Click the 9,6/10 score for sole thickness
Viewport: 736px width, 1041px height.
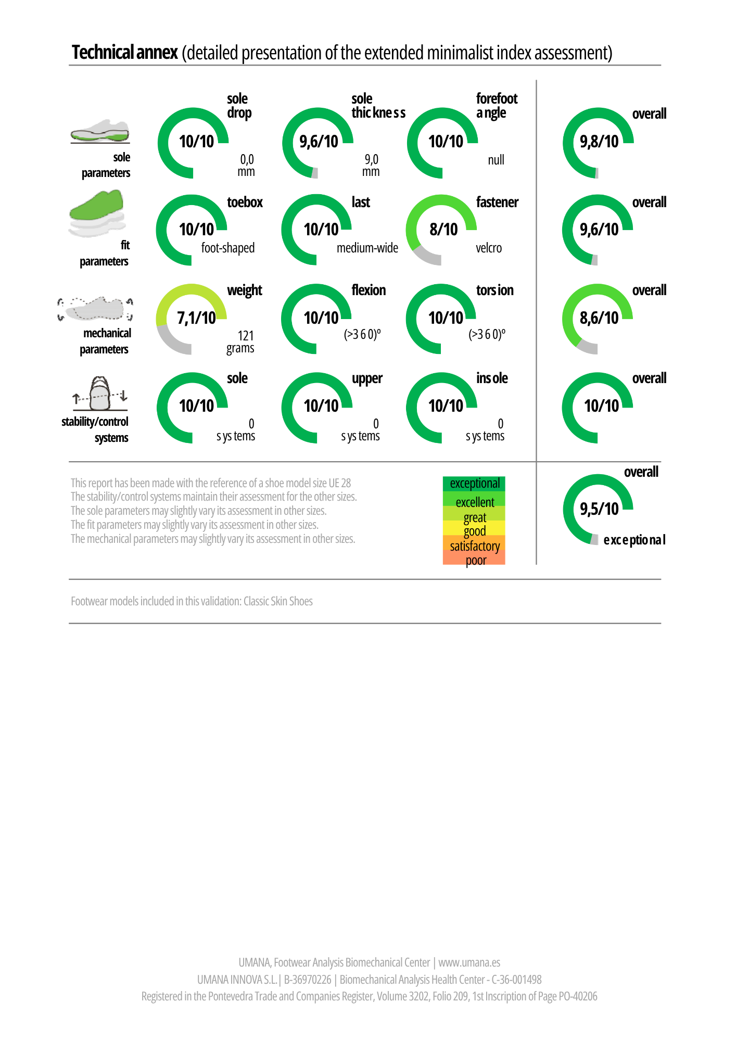(319, 141)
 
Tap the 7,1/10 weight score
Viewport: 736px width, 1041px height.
(196, 318)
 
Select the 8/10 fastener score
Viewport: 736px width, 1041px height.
(443, 229)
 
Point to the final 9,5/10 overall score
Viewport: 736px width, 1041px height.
(599, 509)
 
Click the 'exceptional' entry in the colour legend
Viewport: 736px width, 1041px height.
(475, 484)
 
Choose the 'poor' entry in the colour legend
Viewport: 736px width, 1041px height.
(476, 560)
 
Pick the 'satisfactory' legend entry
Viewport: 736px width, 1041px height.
(475, 546)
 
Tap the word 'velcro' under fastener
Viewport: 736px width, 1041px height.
(489, 248)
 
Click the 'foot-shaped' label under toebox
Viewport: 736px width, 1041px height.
(228, 248)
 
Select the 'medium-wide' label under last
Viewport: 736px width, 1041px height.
(367, 248)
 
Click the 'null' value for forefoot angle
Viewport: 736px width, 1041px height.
(496, 160)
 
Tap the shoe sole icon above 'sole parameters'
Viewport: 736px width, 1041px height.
(100, 132)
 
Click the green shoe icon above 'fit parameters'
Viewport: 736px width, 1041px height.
(97, 213)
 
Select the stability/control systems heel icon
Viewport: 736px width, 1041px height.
(100, 394)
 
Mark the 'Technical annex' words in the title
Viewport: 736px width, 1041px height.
(125, 53)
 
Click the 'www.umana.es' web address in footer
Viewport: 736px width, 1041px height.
(469, 962)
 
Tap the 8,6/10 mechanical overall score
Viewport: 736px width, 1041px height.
(599, 318)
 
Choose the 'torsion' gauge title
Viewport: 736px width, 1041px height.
(495, 290)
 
